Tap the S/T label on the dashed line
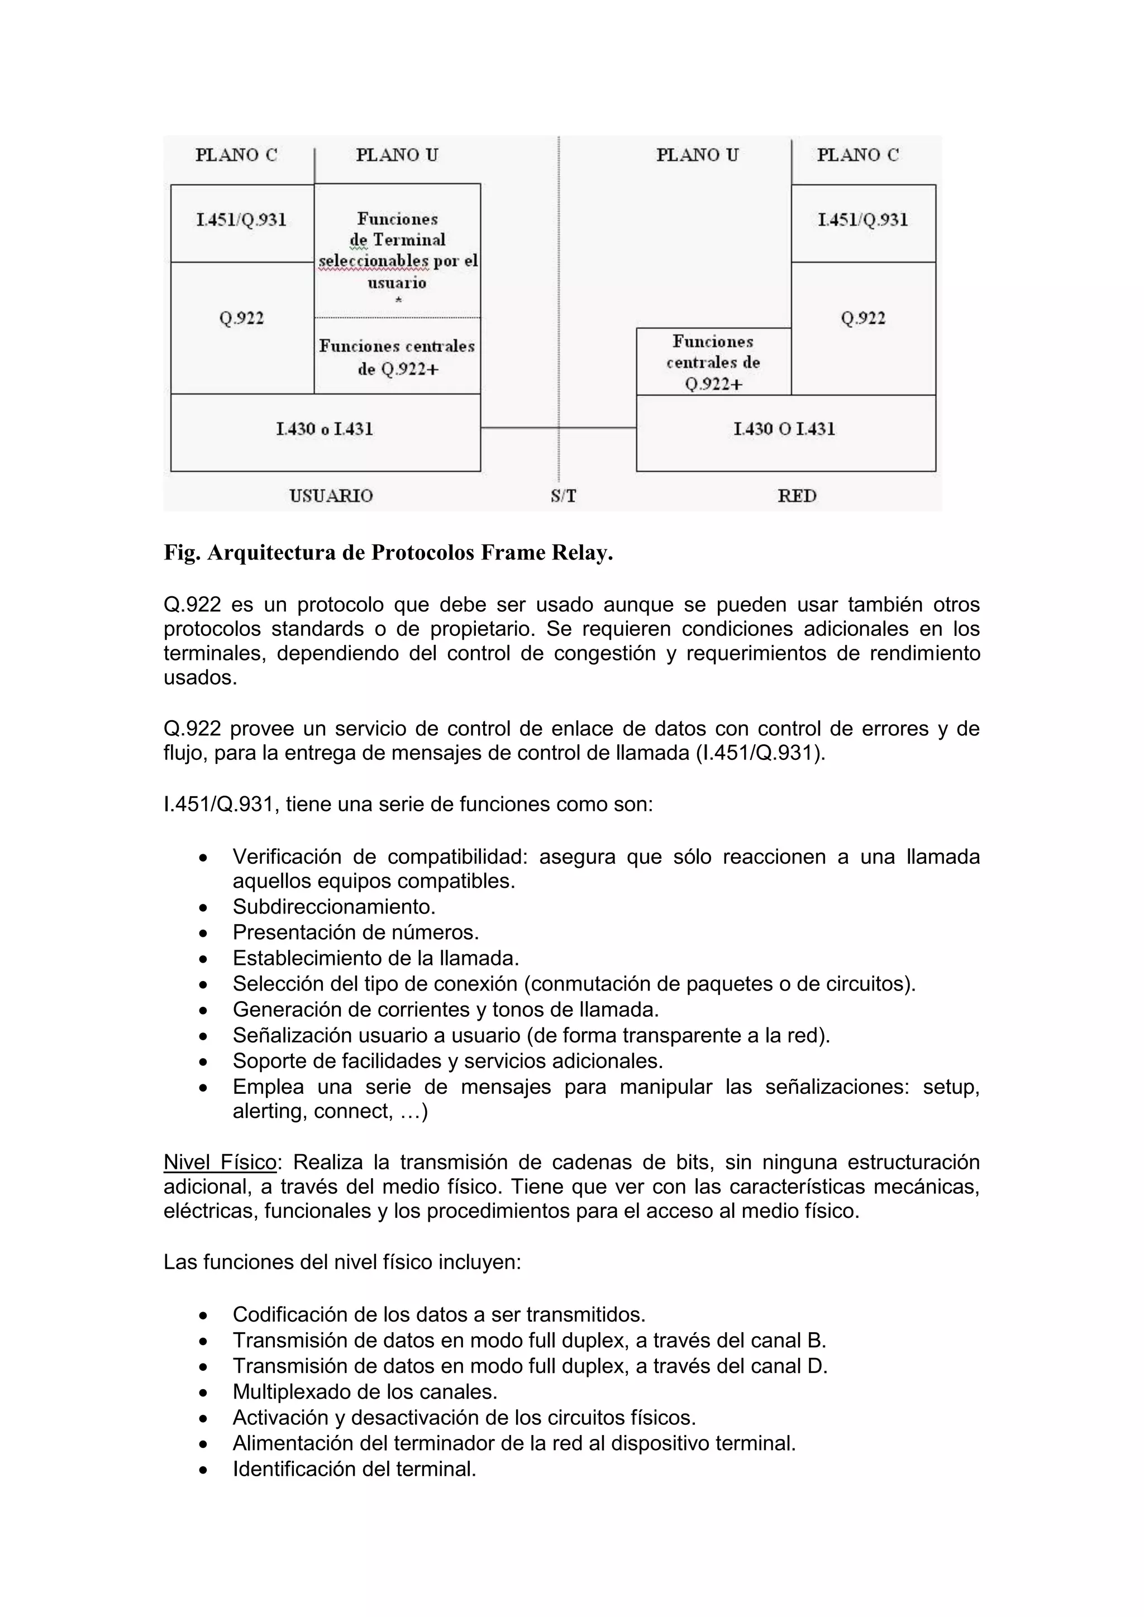[564, 496]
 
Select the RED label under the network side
[797, 496]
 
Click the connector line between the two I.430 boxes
[521, 428]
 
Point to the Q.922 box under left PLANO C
[242, 319]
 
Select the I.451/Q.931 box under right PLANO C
[863, 221]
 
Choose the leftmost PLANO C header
[236, 155]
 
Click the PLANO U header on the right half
[697, 155]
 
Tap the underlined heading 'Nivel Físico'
[220, 1162]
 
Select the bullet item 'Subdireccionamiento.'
[334, 906]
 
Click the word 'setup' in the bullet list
[950, 1087]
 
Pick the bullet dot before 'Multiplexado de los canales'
[203, 1393]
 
